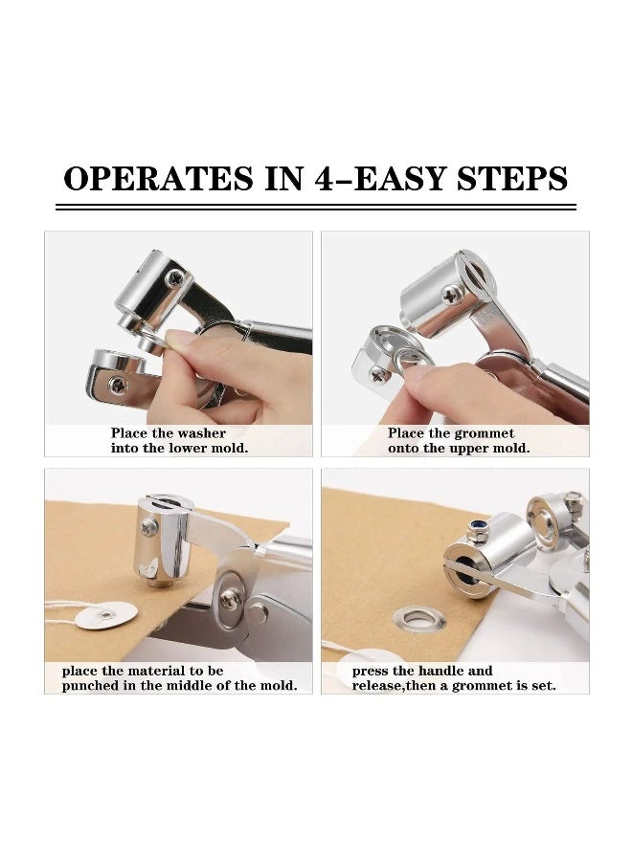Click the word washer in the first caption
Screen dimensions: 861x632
(202, 433)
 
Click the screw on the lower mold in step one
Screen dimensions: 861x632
(117, 384)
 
